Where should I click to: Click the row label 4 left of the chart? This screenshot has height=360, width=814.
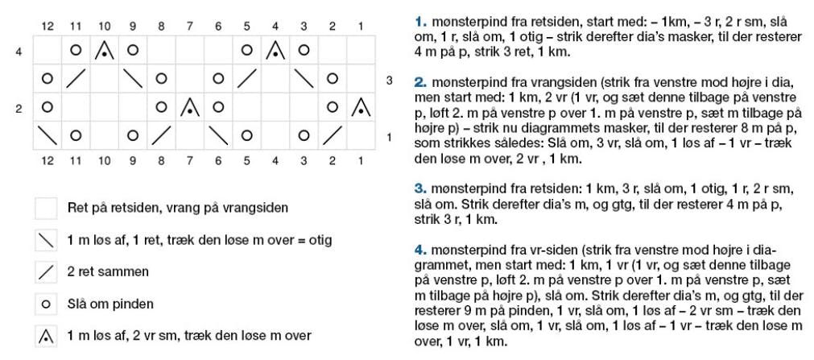tap(19, 52)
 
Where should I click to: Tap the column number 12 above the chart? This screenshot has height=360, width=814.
tap(47, 26)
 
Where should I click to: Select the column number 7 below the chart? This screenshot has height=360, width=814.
tap(189, 160)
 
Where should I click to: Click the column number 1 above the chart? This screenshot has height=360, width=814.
tap(361, 26)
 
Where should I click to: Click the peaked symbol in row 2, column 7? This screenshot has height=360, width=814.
tap(189, 106)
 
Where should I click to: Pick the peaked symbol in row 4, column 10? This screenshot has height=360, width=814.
tap(104, 51)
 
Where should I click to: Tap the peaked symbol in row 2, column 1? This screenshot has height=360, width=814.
tap(361, 106)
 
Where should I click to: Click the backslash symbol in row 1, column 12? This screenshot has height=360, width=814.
tap(47, 134)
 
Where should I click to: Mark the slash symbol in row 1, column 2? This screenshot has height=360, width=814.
tap(332, 134)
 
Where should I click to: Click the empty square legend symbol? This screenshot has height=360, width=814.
tap(46, 208)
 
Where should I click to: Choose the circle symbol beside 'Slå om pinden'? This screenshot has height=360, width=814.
tap(46, 304)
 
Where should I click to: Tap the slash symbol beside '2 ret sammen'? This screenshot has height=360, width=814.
tap(46, 271)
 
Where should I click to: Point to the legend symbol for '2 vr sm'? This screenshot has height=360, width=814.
tap(46, 335)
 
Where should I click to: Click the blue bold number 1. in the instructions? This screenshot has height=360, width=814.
tap(419, 21)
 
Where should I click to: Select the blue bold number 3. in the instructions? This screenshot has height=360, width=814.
tap(419, 188)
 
